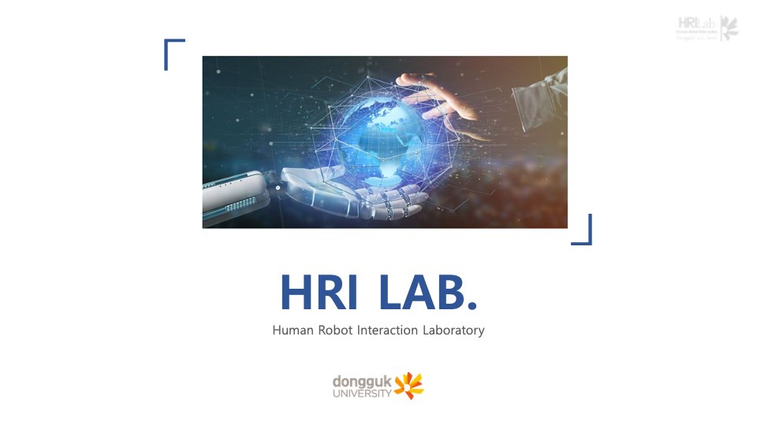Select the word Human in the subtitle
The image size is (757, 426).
(289, 330)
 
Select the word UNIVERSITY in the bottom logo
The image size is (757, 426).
(362, 392)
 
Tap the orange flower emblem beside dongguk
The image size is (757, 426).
(409, 385)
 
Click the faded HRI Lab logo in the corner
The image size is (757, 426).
(707, 28)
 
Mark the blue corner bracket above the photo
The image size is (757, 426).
(172, 49)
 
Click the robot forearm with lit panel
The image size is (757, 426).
(237, 197)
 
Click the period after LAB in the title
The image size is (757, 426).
(472, 305)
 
